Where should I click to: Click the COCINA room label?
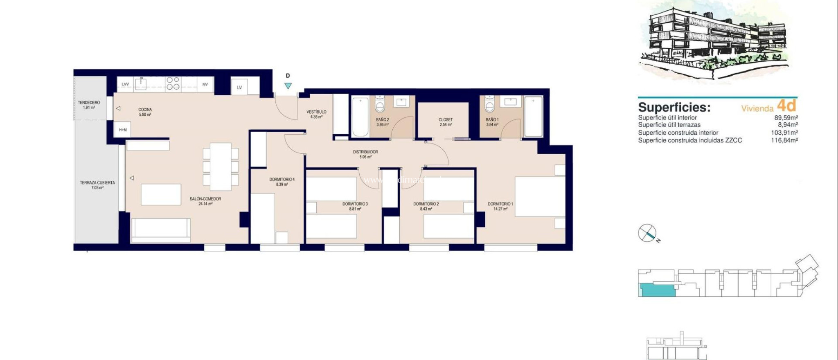point(145,112)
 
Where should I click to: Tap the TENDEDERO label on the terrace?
point(89,105)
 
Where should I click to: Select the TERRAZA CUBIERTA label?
point(97,185)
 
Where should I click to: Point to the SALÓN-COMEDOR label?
point(205,201)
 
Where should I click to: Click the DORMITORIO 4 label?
point(282,182)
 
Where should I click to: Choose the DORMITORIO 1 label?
point(500,206)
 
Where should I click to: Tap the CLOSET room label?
point(446,122)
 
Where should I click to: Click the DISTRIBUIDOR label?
point(365,154)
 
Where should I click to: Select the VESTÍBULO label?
point(316,114)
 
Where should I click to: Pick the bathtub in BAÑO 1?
point(533,116)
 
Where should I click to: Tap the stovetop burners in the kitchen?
point(173,83)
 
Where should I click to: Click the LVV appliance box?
point(125,84)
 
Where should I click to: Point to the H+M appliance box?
point(123,130)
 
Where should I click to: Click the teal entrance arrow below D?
point(288,86)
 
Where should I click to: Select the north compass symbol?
point(647,233)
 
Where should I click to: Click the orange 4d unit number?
point(786,106)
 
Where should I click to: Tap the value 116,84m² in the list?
point(784,140)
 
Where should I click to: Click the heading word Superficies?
point(674,107)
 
